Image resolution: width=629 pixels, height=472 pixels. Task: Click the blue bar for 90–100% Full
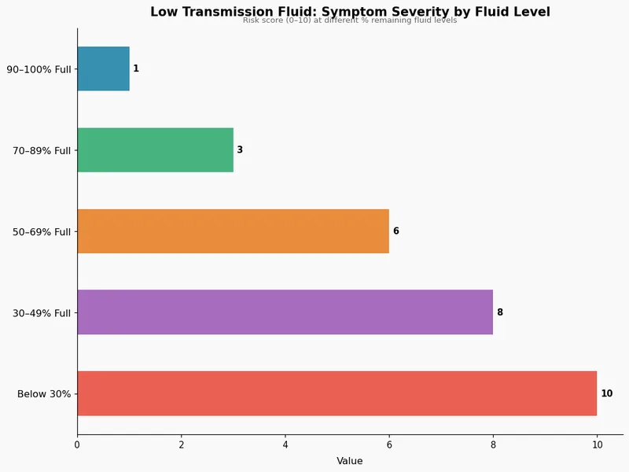(x=103, y=68)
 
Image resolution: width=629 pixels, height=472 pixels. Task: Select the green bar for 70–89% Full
(x=155, y=149)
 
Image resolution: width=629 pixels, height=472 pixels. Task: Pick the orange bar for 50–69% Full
(x=233, y=231)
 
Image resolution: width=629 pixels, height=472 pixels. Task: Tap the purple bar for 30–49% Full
(x=285, y=312)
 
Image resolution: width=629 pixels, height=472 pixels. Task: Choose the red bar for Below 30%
(x=337, y=393)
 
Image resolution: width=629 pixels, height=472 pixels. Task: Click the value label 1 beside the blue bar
(x=136, y=69)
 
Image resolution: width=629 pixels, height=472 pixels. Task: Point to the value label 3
(x=240, y=150)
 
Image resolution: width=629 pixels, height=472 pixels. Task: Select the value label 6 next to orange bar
(x=396, y=231)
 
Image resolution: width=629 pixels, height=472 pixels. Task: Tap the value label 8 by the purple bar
(x=500, y=312)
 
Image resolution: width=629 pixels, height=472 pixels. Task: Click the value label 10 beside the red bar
(x=607, y=393)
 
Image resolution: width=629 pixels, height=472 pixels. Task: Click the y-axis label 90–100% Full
(x=39, y=69)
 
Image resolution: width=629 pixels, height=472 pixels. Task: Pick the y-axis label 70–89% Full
(x=42, y=150)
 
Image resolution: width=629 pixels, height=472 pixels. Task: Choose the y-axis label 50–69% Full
(x=42, y=231)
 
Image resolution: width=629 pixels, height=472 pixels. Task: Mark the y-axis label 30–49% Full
(x=42, y=313)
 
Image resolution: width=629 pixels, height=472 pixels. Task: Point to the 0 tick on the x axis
(x=77, y=445)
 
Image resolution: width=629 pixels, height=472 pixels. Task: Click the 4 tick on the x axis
(x=285, y=445)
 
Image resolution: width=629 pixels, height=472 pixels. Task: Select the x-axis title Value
(x=350, y=461)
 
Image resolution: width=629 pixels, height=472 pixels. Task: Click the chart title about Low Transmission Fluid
(x=350, y=12)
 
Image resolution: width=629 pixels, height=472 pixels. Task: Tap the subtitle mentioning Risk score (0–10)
(x=350, y=20)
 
